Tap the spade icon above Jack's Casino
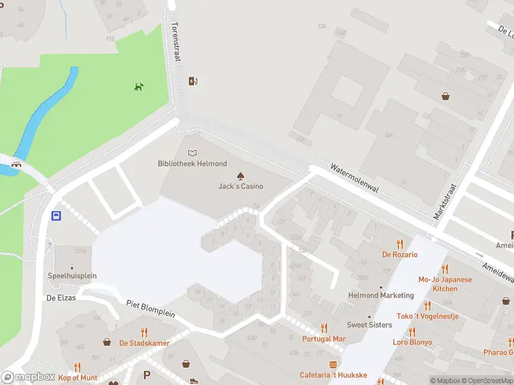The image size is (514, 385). tap(240, 175)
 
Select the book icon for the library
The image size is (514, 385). tap(191, 153)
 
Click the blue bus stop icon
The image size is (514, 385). tap(57, 216)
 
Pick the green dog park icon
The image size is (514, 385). tap(138, 87)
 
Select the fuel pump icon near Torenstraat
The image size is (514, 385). tap(191, 81)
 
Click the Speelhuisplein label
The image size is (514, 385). tap(72, 276)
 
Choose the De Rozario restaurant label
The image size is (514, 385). tap(400, 255)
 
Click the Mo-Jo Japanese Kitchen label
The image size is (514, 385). tap(445, 284)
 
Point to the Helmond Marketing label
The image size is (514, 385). tap(381, 295)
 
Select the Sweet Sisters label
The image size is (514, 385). tap(369, 325)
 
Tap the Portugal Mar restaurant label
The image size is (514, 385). tap(324, 339)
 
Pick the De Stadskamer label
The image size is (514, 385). tap(145, 343)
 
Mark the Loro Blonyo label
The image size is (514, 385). tap(412, 342)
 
